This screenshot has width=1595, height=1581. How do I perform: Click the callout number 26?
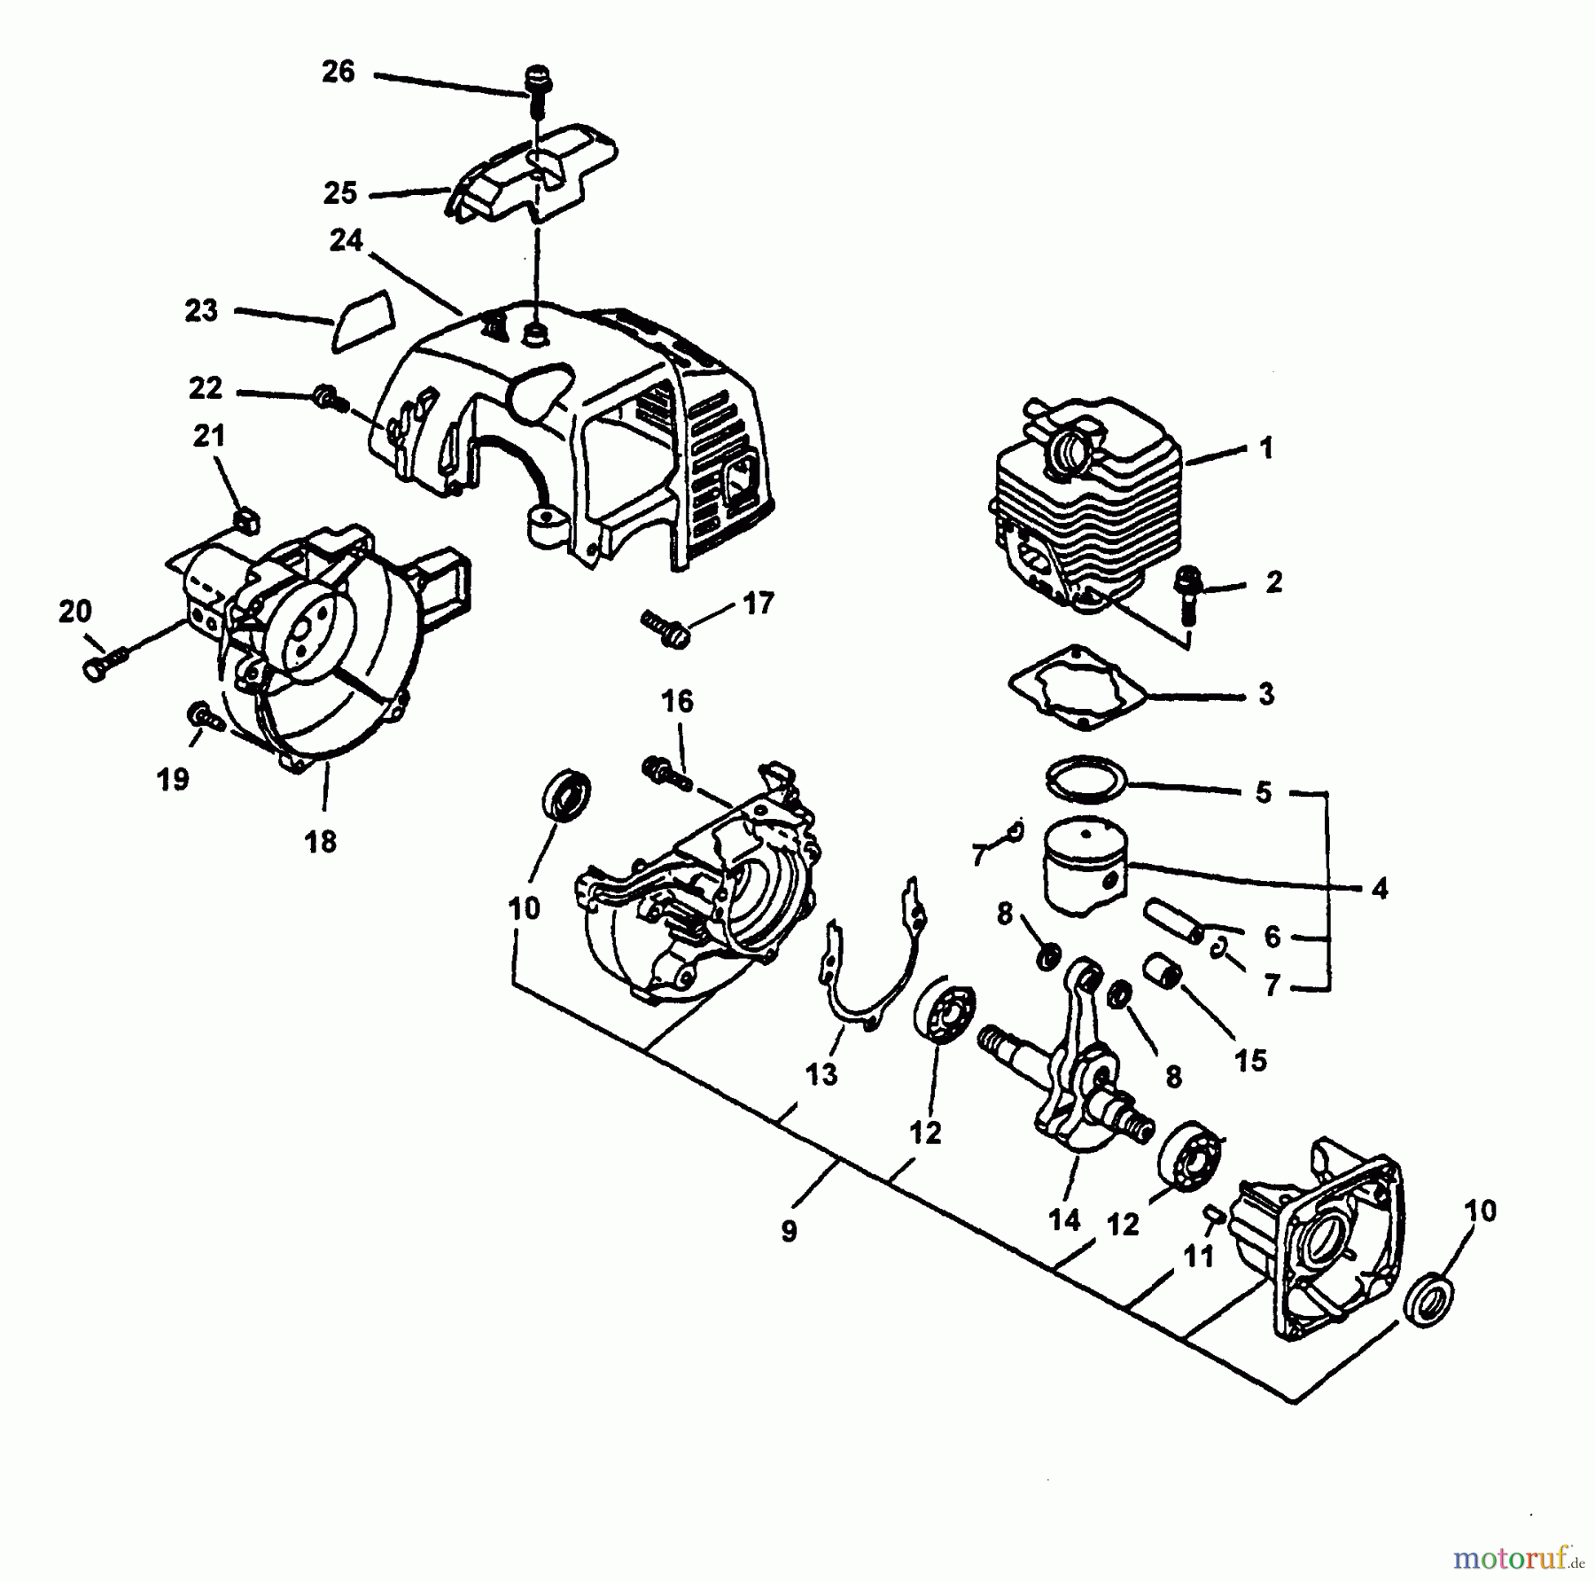[x=338, y=72]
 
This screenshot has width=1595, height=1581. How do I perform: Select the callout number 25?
[x=340, y=193]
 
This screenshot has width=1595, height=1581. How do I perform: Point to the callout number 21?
[x=210, y=436]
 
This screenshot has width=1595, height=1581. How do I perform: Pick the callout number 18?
[x=321, y=841]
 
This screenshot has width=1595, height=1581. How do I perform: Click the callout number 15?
[x=1250, y=1060]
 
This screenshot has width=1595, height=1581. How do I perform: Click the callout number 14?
[x=1064, y=1221]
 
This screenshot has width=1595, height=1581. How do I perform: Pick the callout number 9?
[x=789, y=1232]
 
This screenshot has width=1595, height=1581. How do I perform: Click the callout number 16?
[x=678, y=702]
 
